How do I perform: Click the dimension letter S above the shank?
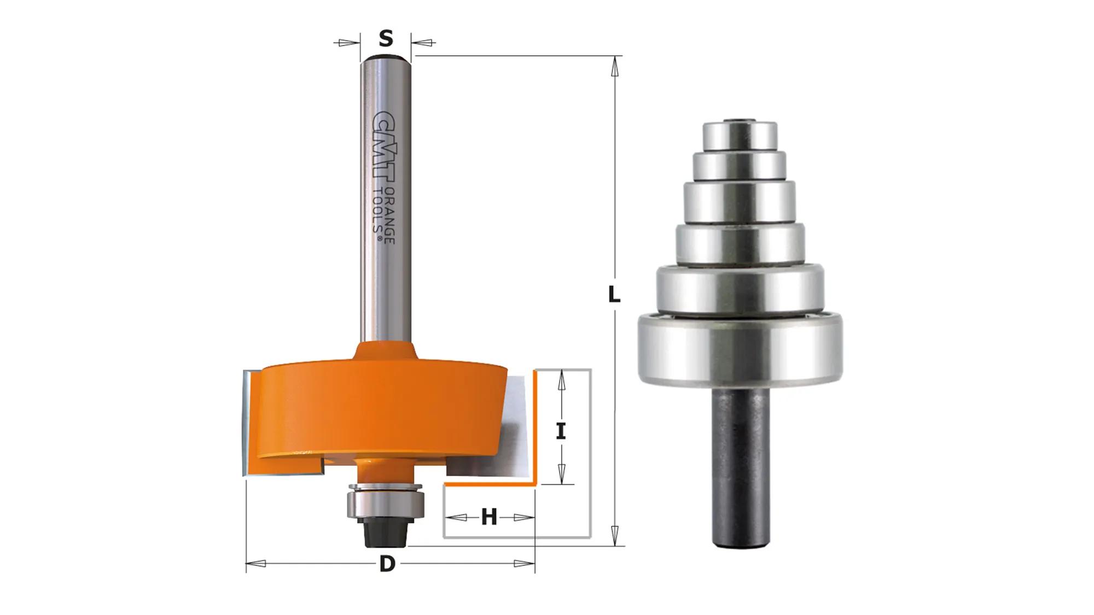386,39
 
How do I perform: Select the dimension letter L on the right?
614,295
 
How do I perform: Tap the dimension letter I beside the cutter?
561,432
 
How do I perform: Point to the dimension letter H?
489,517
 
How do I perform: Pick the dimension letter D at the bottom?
387,564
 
